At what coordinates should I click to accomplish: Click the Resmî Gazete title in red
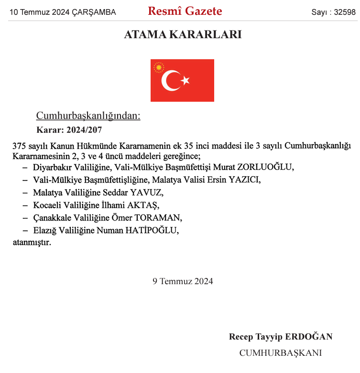tap(185, 11)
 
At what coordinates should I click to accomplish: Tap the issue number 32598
tap(344, 12)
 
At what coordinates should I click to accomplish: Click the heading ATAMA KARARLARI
tap(183, 34)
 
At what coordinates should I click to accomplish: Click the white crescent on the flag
tap(170, 80)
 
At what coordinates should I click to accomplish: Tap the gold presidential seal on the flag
tap(158, 68)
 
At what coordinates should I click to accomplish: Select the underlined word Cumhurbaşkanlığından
tap(88, 116)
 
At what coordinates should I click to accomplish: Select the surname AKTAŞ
tap(142, 205)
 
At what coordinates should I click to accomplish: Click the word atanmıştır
tap(32, 242)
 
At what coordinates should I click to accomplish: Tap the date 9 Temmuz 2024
tap(183, 281)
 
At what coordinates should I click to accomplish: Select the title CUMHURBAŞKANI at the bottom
tap(280, 353)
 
